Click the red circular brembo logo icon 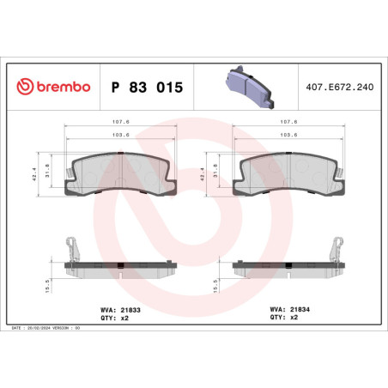pyautogui.click(x=23, y=88)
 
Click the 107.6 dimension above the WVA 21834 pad pyautogui.click(x=289, y=122)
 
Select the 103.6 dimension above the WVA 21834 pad pyautogui.click(x=289, y=135)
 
